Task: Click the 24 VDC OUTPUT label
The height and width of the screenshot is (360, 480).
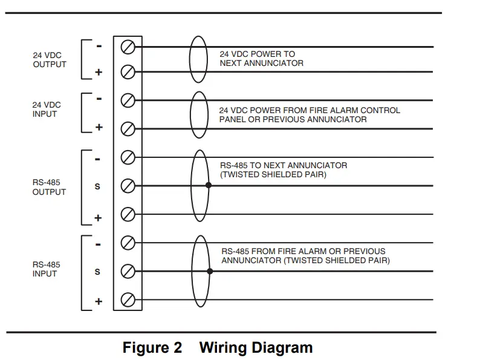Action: [50, 59]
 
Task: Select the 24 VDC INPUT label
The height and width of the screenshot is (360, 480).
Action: [47, 109]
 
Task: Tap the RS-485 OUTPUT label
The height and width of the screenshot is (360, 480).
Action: [49, 187]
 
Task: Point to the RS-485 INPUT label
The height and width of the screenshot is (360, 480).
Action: [47, 269]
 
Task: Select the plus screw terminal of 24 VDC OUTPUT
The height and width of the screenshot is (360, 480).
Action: [128, 72]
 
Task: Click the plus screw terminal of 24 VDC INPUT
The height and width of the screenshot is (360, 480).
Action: [128, 128]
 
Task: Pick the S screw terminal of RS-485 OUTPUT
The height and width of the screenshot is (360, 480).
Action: [128, 186]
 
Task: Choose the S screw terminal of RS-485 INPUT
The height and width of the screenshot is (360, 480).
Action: [128, 271]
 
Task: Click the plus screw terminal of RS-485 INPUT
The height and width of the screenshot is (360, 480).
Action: [128, 299]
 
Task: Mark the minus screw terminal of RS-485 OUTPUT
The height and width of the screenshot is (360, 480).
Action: [128, 157]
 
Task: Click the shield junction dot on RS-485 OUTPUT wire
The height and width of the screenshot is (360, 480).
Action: [209, 185]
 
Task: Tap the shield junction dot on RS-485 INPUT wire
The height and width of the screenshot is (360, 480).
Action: [210, 271]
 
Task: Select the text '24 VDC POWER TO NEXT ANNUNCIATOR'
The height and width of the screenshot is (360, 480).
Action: [261, 59]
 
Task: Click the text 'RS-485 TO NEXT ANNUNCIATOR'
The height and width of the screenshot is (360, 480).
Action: [284, 165]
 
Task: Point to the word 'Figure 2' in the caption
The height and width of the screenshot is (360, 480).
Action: [152, 348]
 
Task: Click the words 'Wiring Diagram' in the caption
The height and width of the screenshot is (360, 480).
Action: [256, 348]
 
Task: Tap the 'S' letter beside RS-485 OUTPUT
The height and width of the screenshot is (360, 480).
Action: [98, 186]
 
